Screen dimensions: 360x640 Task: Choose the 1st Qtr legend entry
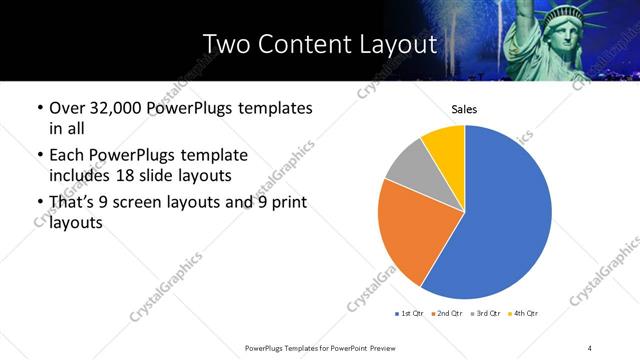click(x=410, y=314)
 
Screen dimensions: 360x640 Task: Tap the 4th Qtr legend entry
click(x=525, y=314)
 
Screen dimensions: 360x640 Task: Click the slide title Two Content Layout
click(x=319, y=45)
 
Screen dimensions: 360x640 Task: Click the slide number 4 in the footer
click(x=590, y=347)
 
